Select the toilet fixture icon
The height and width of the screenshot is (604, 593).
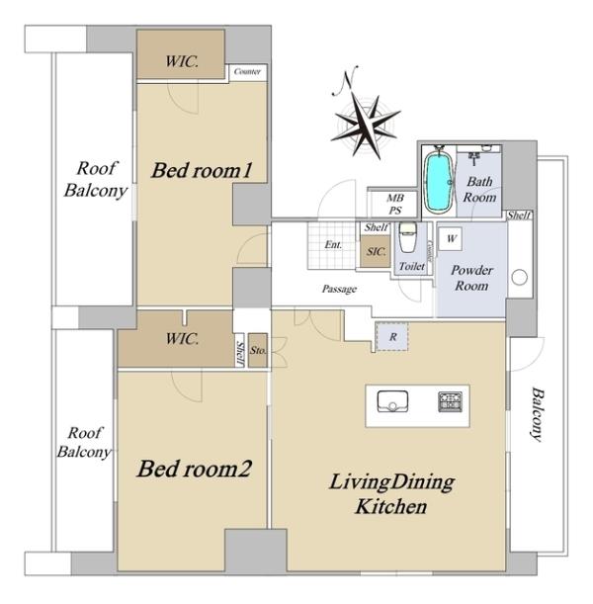[x=408, y=237]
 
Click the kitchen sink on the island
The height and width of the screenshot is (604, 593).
[x=392, y=401]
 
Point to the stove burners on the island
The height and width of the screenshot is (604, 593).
[x=450, y=401]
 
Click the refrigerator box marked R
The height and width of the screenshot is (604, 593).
[x=392, y=337]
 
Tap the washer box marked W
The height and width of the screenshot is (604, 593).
[x=451, y=238]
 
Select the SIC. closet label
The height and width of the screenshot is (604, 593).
[x=376, y=251]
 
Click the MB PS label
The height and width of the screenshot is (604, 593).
[x=395, y=205]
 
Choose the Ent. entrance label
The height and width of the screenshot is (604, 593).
[x=333, y=244]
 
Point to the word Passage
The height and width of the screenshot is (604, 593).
[x=339, y=289]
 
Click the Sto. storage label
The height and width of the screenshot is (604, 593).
[x=258, y=350]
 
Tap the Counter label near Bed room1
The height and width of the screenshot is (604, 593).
[x=247, y=71]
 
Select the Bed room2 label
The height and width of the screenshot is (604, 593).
[x=194, y=469]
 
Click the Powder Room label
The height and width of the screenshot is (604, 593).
[x=471, y=278]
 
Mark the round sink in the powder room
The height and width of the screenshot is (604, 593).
[x=519, y=278]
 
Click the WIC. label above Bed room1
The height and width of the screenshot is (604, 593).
[x=182, y=61]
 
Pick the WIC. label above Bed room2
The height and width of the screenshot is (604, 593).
[x=182, y=339]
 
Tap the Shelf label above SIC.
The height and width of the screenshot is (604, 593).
[x=377, y=227]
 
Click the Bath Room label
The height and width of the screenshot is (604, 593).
[x=479, y=189]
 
